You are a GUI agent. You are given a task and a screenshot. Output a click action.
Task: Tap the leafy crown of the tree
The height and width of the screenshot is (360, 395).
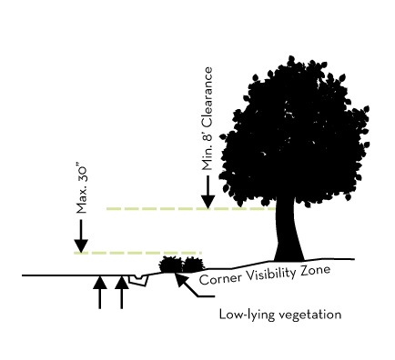(294, 132)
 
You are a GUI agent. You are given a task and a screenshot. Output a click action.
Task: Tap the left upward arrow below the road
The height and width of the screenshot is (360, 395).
(100, 293)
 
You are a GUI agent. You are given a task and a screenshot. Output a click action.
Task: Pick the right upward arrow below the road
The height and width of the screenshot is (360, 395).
(121, 293)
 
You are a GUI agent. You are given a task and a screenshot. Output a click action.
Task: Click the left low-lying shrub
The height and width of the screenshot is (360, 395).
(170, 265)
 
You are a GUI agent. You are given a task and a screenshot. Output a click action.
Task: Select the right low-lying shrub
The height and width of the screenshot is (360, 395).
(191, 265)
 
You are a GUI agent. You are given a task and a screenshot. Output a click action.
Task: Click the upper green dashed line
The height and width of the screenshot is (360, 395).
(155, 208)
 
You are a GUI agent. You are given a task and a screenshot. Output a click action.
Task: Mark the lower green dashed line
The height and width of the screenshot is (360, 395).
(137, 252)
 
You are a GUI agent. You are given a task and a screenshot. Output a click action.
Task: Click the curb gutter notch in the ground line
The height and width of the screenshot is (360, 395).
(137, 278)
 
